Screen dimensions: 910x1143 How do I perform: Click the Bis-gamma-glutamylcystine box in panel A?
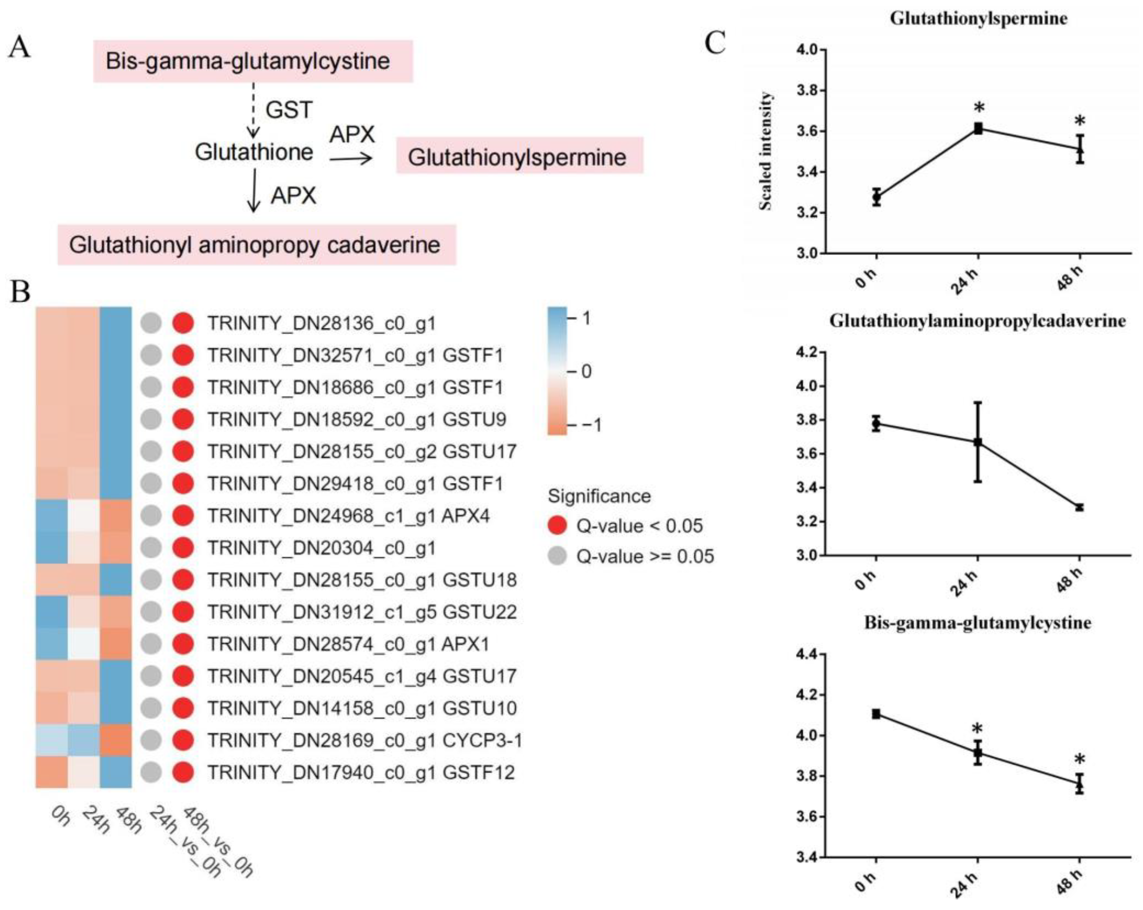[253, 61]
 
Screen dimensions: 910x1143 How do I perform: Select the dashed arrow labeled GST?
[253, 110]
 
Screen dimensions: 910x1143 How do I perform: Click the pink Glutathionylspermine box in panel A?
[519, 156]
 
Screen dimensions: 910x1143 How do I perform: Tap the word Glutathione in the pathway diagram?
[254, 152]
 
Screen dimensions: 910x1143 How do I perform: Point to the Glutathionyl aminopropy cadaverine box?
[257, 245]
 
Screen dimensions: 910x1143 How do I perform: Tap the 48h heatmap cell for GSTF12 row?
[115, 772]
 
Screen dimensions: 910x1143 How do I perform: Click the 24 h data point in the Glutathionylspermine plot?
[978, 129]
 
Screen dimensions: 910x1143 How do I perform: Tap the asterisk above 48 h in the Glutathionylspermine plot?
[1079, 121]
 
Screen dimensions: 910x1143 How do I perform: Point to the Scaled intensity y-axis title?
[765, 151]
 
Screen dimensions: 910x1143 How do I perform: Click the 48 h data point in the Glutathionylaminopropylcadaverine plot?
[1079, 507]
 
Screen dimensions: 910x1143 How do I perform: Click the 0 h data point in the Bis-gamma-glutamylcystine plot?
[876, 714]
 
